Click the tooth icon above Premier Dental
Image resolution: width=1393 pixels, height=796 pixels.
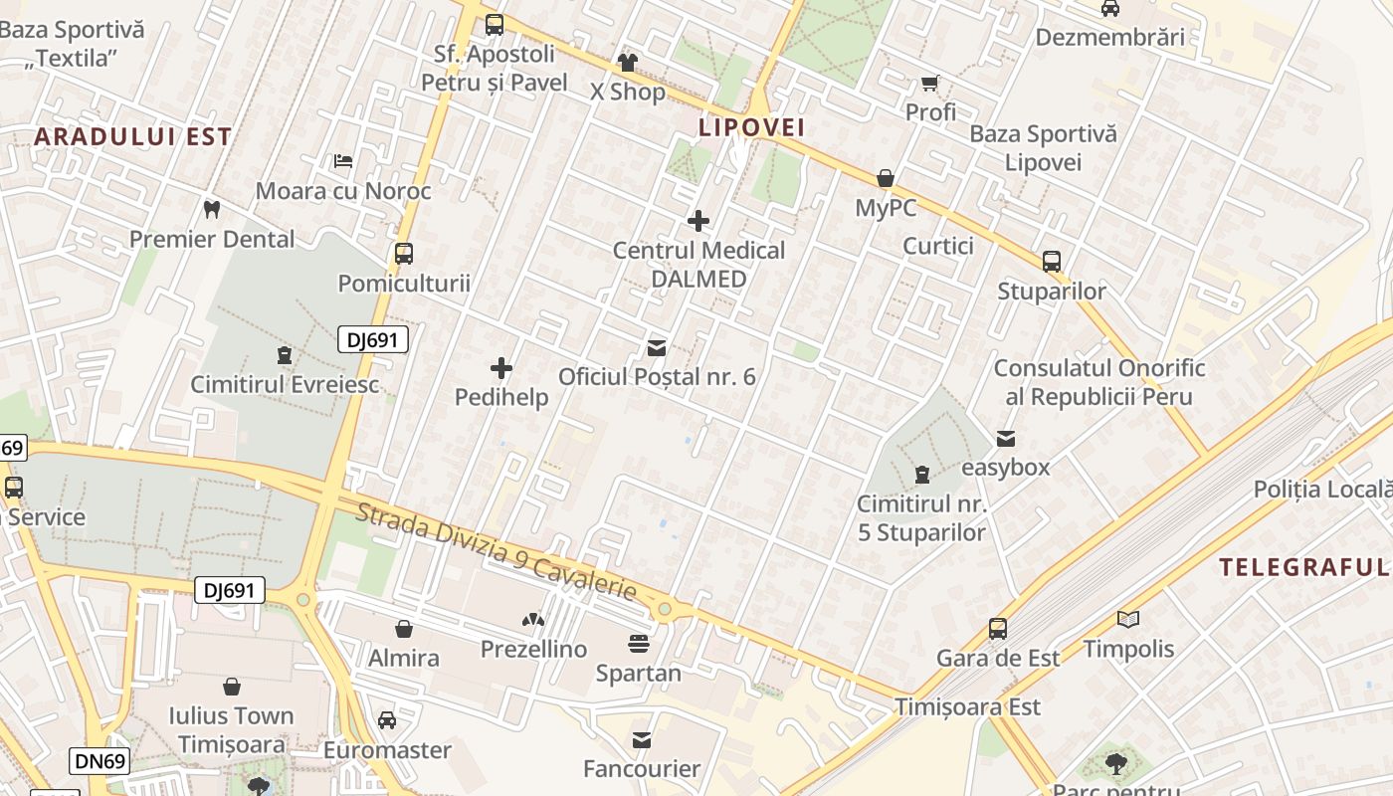click(211, 209)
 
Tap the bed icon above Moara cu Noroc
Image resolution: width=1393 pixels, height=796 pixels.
click(343, 160)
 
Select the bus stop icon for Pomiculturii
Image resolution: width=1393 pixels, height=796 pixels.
click(403, 253)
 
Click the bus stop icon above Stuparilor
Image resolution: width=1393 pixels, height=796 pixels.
click(1052, 262)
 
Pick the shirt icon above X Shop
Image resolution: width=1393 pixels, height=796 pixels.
click(627, 63)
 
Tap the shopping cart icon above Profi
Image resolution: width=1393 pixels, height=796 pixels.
click(930, 84)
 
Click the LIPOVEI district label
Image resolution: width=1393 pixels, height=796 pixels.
click(751, 127)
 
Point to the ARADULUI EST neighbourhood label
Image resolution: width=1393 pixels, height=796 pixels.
click(133, 136)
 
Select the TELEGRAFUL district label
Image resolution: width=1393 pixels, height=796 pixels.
click(1303, 567)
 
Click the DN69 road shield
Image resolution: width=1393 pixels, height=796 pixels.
click(101, 762)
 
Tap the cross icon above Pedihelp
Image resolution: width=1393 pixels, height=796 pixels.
click(501, 369)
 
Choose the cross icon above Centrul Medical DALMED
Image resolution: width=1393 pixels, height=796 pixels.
click(698, 221)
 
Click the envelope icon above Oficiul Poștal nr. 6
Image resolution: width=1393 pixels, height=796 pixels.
click(657, 348)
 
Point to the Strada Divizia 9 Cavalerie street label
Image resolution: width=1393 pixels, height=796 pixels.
click(496, 551)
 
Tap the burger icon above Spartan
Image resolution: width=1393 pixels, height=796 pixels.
click(639, 644)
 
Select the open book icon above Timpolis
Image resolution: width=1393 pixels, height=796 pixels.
click(1127, 620)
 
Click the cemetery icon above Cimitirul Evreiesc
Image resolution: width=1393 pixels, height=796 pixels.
click(285, 355)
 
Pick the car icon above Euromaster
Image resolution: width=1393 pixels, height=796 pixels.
click(387, 720)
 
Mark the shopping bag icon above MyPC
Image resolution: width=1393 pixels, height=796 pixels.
click(886, 179)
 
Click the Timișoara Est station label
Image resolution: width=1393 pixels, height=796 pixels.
click(967, 706)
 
